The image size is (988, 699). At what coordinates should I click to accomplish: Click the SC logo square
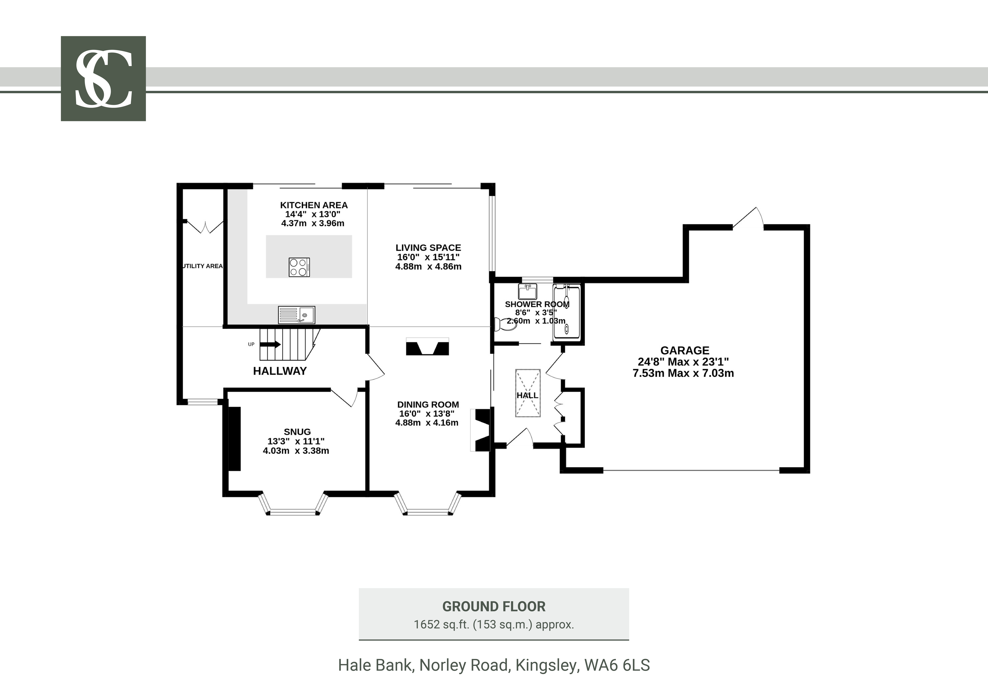(x=103, y=78)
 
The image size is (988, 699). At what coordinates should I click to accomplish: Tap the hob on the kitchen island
(x=299, y=267)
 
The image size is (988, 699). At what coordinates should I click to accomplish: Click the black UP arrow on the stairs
(x=270, y=345)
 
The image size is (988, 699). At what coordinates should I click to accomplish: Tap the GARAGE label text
(x=685, y=351)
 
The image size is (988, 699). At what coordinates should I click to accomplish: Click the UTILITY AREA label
(x=202, y=266)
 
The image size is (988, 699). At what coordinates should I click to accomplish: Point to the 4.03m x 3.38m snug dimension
(x=296, y=451)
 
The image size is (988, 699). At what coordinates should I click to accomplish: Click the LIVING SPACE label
(x=428, y=248)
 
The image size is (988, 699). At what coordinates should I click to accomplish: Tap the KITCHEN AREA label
(x=314, y=205)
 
